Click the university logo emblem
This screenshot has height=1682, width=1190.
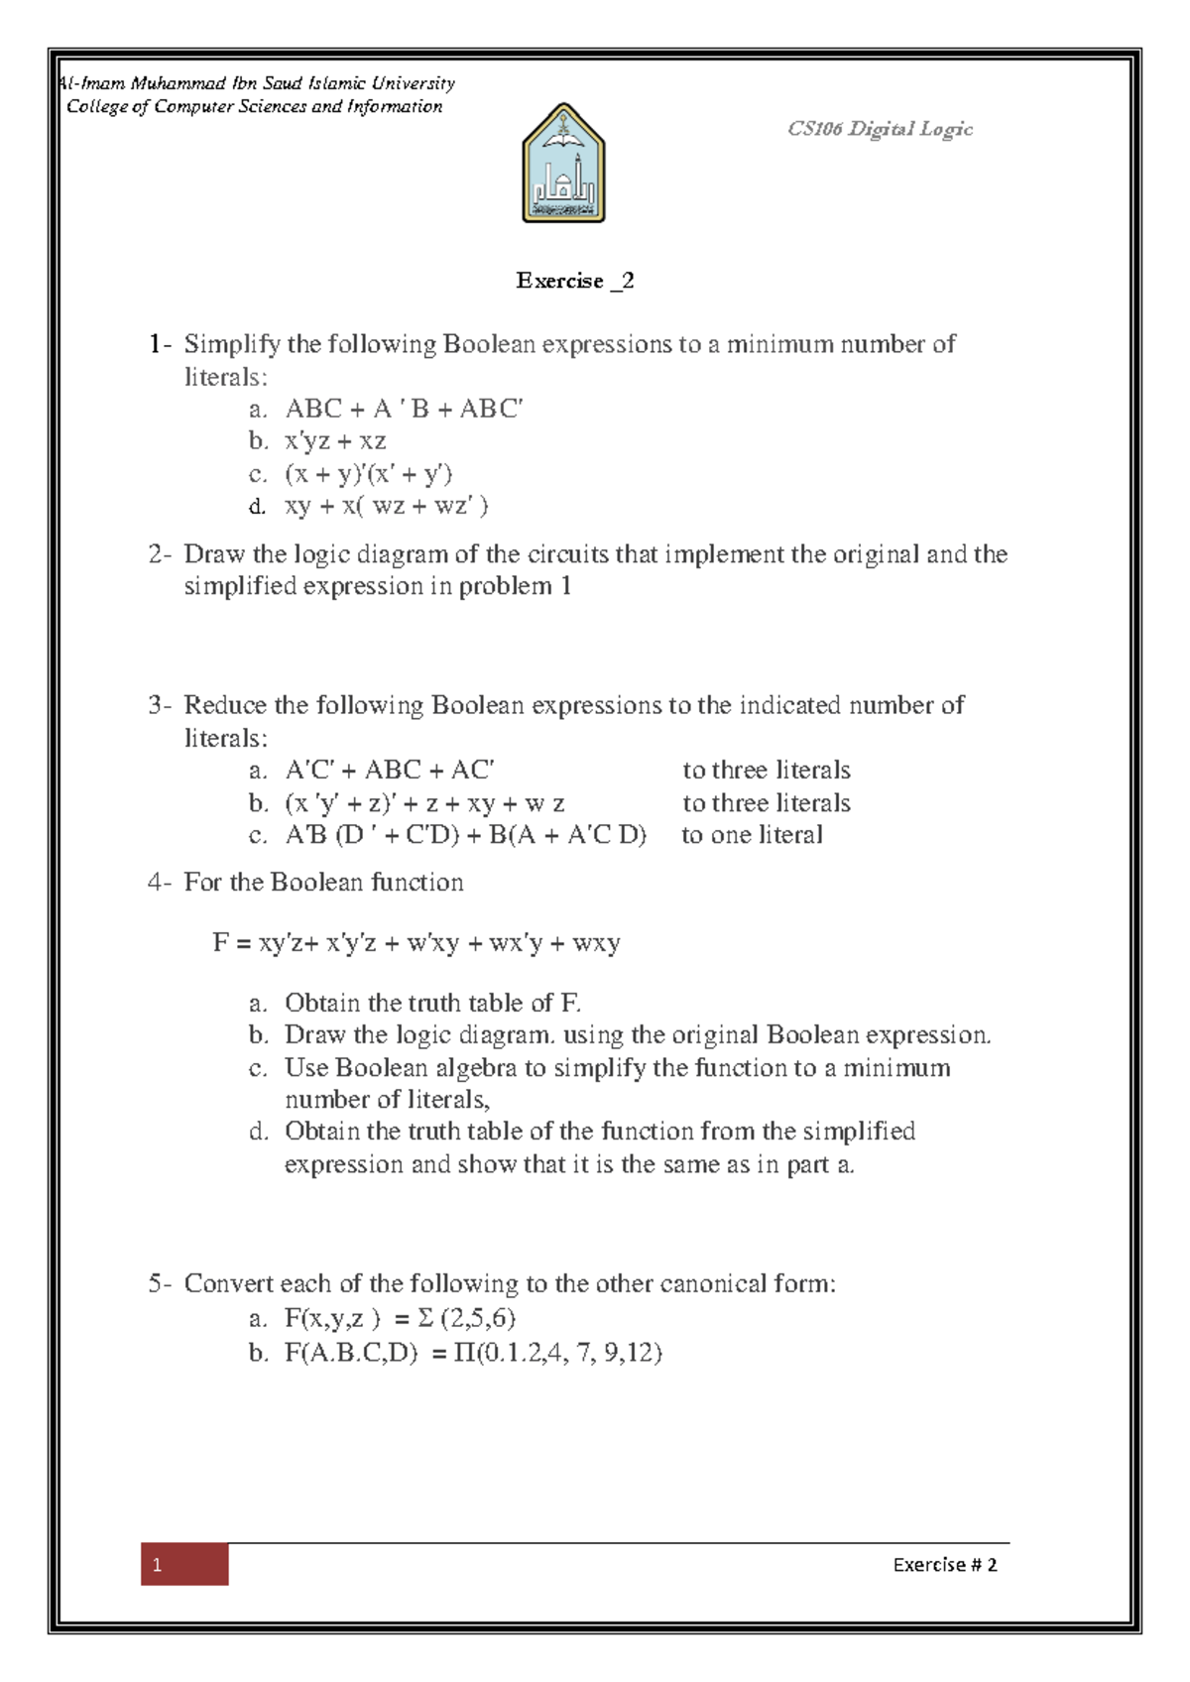click(x=563, y=164)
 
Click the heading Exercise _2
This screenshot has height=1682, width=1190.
click(x=574, y=281)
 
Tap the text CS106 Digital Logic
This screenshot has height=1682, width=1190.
click(x=879, y=129)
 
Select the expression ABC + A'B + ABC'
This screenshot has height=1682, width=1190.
click(x=404, y=409)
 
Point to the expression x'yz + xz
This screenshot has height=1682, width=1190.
click(x=335, y=440)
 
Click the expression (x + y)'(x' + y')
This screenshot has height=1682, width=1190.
click(x=368, y=473)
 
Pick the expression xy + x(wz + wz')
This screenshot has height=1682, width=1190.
click(x=387, y=506)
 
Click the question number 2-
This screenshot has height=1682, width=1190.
click(x=160, y=554)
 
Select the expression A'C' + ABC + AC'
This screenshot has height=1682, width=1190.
click(x=390, y=771)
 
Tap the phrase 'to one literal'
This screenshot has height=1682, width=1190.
click(x=752, y=835)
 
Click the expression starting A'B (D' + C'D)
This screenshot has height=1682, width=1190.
click(x=465, y=835)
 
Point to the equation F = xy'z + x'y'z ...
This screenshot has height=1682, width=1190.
click(x=416, y=942)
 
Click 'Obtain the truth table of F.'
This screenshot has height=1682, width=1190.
click(x=432, y=1003)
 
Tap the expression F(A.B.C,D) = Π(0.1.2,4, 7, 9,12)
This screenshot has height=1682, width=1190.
click(x=473, y=1353)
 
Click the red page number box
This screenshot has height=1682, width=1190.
click(x=184, y=1564)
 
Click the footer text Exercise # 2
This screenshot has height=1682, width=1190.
click(x=944, y=1565)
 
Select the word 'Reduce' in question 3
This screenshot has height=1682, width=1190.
click(x=225, y=705)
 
